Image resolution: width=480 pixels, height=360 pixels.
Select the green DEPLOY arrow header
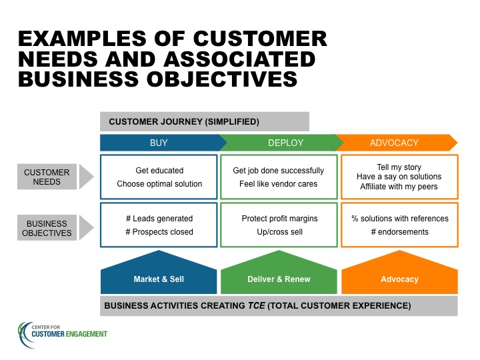coord(281,143)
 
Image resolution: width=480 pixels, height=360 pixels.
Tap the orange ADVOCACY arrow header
coord(397,143)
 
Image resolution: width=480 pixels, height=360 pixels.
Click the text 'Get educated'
coord(159,171)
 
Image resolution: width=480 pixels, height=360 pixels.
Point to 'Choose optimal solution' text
coord(159,184)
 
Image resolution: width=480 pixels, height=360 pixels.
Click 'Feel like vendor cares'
coord(278,184)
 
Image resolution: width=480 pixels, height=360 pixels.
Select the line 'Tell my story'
coord(399,167)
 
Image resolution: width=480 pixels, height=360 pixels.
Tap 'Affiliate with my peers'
coord(399,187)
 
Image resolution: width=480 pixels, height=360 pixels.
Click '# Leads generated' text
coord(159,219)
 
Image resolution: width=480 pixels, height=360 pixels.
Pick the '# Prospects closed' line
coord(159,232)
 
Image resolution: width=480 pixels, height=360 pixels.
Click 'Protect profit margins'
coord(279,219)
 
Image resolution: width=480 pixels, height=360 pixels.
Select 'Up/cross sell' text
coord(279,232)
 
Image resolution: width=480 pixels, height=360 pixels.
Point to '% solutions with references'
coord(400,219)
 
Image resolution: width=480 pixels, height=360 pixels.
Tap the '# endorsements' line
coord(400,232)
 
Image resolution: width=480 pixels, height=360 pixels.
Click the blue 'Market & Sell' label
coord(159,279)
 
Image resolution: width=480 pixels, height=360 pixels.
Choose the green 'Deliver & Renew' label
coord(279,279)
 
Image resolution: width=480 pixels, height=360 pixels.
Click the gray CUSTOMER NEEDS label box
coord(47,177)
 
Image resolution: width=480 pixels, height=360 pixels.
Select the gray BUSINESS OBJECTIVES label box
coord(47,228)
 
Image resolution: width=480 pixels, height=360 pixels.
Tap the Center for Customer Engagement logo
coord(63,334)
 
